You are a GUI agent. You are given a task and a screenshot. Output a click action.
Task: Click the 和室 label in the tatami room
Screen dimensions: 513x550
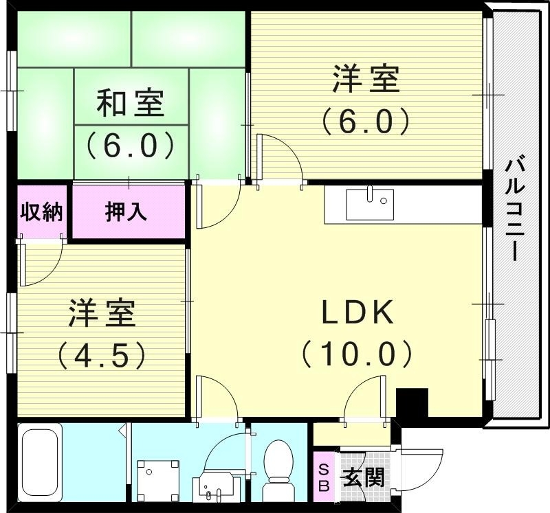coord(129,104)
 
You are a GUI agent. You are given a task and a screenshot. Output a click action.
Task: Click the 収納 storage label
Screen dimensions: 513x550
coord(41,212)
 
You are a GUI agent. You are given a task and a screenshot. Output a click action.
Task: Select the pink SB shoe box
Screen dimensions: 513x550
coord(324,476)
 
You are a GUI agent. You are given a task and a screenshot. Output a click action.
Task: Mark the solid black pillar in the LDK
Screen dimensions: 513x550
coord(412,404)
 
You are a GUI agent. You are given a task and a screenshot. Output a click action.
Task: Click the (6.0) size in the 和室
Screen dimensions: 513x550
coord(129,144)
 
